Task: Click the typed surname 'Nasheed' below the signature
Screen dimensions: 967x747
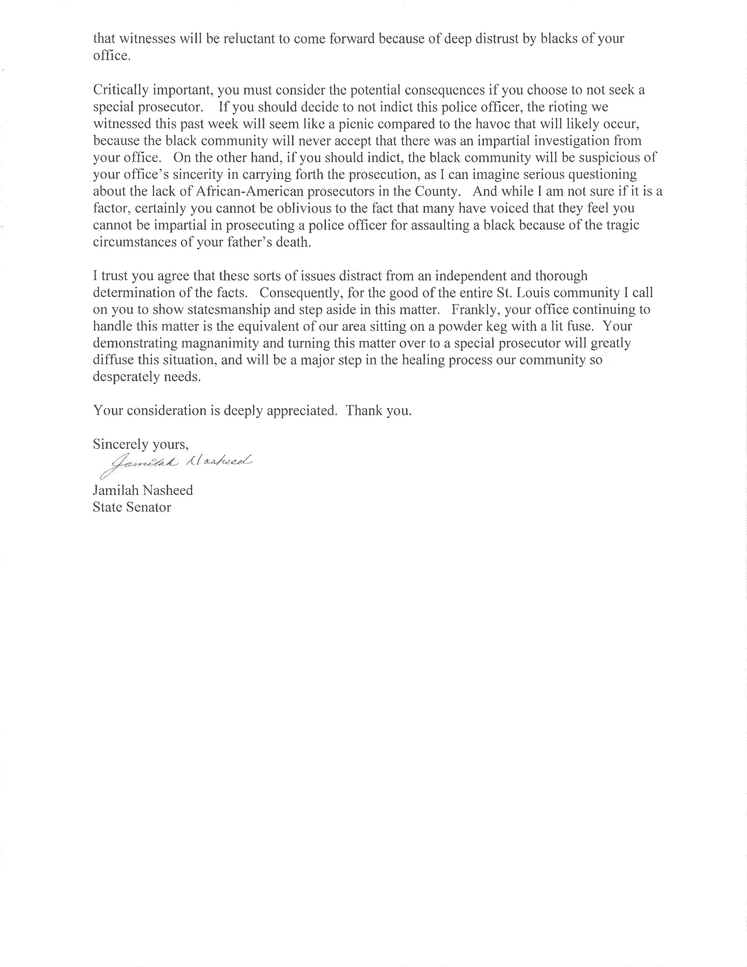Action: coord(168,491)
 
